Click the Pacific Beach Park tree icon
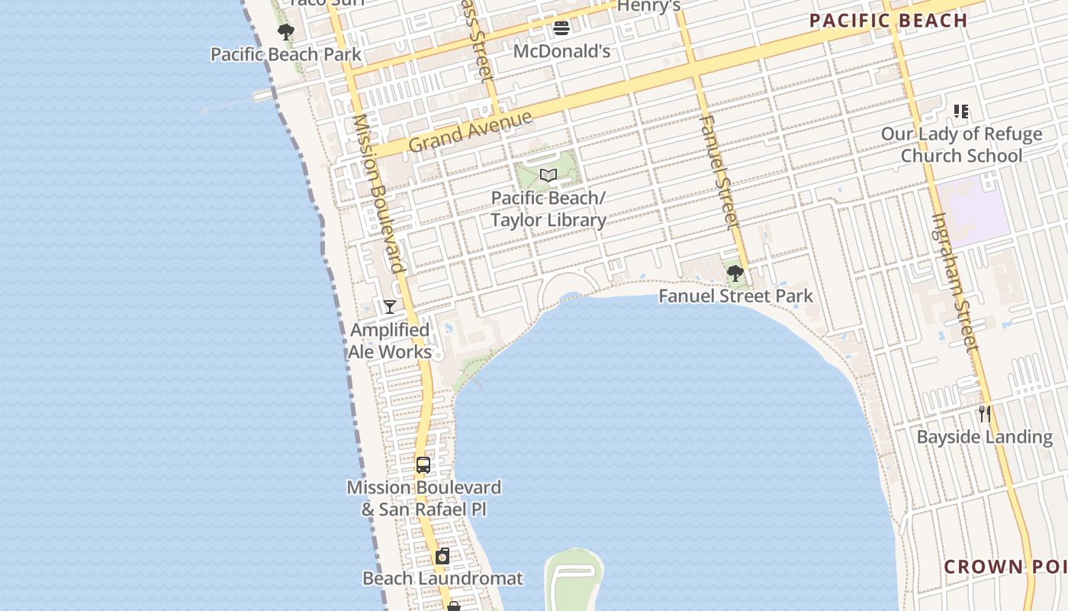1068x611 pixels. coord(286,32)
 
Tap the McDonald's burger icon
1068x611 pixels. coord(561,29)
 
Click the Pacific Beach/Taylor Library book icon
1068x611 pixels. coord(548,175)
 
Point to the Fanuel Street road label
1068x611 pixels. coord(719,172)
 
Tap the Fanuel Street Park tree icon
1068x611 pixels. coord(735,273)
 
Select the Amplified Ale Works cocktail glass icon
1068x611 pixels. coord(390,307)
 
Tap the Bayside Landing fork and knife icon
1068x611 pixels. coord(985,414)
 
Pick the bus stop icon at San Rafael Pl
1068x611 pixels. coord(423,464)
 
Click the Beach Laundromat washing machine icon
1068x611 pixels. coord(442,556)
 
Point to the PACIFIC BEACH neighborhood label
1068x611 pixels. coord(888,21)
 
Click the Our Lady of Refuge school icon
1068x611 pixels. coord(961,112)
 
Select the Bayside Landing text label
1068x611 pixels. coord(985,437)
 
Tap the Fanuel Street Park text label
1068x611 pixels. coord(735,296)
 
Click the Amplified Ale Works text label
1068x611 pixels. coord(390,341)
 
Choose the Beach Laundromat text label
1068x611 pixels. coord(442,578)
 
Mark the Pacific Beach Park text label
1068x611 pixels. coord(286,54)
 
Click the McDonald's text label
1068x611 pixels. coord(561,51)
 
